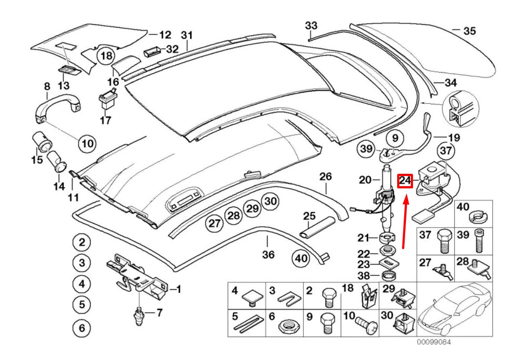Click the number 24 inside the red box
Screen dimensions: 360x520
click(405, 180)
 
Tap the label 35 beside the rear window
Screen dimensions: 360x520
click(469, 31)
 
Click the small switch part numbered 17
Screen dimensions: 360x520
click(106, 101)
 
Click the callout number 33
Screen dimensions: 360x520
click(311, 26)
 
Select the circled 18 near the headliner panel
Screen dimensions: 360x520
click(106, 56)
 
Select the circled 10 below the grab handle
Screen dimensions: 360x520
click(87, 143)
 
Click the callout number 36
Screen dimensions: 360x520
click(268, 254)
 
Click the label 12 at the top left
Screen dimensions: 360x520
click(165, 34)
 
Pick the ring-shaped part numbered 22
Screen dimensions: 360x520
click(387, 251)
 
